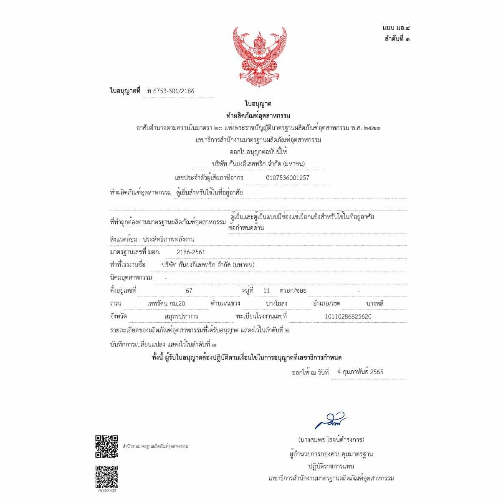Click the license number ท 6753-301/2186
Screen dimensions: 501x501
point(171,91)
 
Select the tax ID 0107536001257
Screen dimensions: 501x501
point(288,178)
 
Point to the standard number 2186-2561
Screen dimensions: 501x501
point(191,252)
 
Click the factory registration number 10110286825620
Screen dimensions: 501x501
point(348,316)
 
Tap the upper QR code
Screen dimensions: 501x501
point(106,446)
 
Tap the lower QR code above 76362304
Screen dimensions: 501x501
point(106,477)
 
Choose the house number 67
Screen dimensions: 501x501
point(189,291)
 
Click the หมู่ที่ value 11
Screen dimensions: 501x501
point(267,291)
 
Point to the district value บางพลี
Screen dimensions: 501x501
point(375,304)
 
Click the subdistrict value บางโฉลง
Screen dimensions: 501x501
point(276,304)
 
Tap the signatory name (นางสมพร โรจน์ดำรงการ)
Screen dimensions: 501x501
point(331,440)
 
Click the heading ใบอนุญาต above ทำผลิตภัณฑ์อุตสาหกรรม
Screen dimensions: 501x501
point(258,104)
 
